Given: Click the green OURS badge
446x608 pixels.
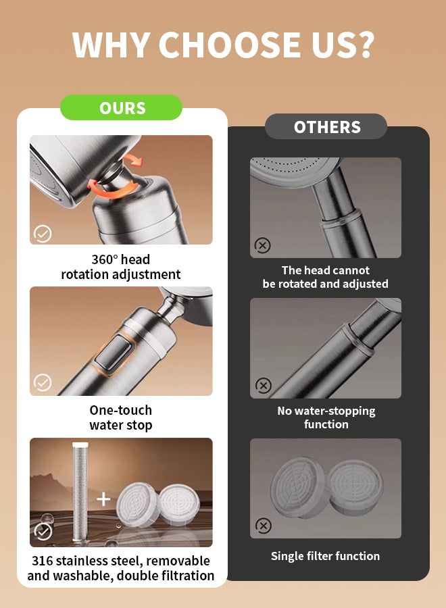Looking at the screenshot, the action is tap(121, 107).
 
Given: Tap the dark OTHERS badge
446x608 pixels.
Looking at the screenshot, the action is tap(326, 126).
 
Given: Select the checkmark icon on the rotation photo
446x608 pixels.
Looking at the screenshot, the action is tap(43, 234).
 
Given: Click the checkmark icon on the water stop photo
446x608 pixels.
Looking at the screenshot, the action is tap(43, 382).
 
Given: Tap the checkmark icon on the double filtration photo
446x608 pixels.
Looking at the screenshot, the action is tap(43, 531).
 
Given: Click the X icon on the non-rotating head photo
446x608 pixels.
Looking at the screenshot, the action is tap(263, 245).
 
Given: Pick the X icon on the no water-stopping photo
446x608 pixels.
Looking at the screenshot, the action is tap(264, 386).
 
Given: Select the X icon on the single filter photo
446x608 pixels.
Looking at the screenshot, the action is tap(264, 526).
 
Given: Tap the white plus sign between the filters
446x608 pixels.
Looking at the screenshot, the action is tap(103, 499).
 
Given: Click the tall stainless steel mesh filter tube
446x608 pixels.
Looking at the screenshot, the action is tap(80, 492).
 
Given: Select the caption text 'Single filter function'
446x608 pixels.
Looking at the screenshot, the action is tap(326, 556).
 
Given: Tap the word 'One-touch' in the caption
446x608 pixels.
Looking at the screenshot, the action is tap(120, 410).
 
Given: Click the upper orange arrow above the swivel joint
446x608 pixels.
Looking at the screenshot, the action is tap(133, 159).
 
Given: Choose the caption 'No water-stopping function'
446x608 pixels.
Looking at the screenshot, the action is tap(326, 417).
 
